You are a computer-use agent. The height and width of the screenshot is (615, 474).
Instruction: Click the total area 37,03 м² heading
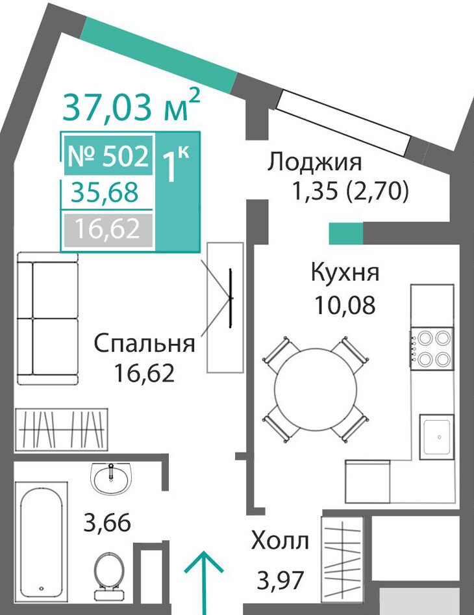click(131, 105)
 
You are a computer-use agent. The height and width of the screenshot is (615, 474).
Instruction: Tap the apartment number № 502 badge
click(108, 155)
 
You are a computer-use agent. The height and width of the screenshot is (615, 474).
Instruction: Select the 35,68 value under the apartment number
click(105, 192)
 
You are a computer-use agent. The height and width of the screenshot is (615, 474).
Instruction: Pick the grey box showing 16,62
click(107, 230)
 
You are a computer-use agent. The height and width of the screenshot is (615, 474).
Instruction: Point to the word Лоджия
click(314, 162)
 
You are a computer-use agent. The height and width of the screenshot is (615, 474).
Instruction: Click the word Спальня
click(145, 343)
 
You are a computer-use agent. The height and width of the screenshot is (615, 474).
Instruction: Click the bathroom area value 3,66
click(107, 523)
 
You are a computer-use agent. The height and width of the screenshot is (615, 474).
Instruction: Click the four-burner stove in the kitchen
click(432, 348)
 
